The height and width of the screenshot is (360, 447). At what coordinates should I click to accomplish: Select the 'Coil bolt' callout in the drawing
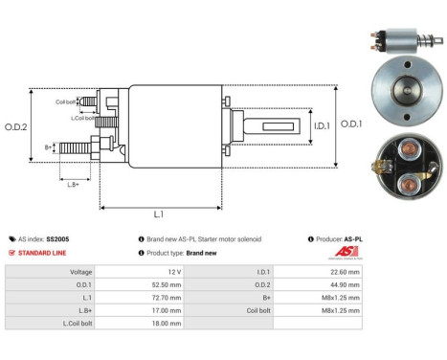65,101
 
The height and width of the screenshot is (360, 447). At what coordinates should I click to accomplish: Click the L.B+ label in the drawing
72,182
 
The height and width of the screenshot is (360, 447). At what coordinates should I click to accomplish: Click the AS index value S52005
56,238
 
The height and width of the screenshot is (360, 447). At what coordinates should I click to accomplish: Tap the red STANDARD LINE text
43,253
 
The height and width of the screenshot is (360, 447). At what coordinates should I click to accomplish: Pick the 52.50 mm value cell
169,284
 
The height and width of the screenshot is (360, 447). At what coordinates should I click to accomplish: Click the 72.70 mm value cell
169,297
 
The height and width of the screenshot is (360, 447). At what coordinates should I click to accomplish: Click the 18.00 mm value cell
169,323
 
